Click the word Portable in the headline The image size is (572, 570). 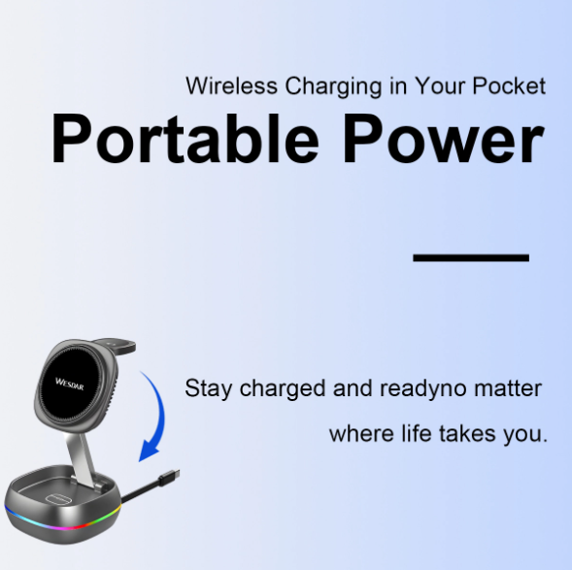click(x=185, y=140)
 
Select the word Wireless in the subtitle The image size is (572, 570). click(x=231, y=85)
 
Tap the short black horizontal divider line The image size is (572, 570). click(x=471, y=258)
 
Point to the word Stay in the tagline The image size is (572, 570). click(x=208, y=389)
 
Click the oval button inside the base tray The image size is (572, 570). click(x=60, y=496)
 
